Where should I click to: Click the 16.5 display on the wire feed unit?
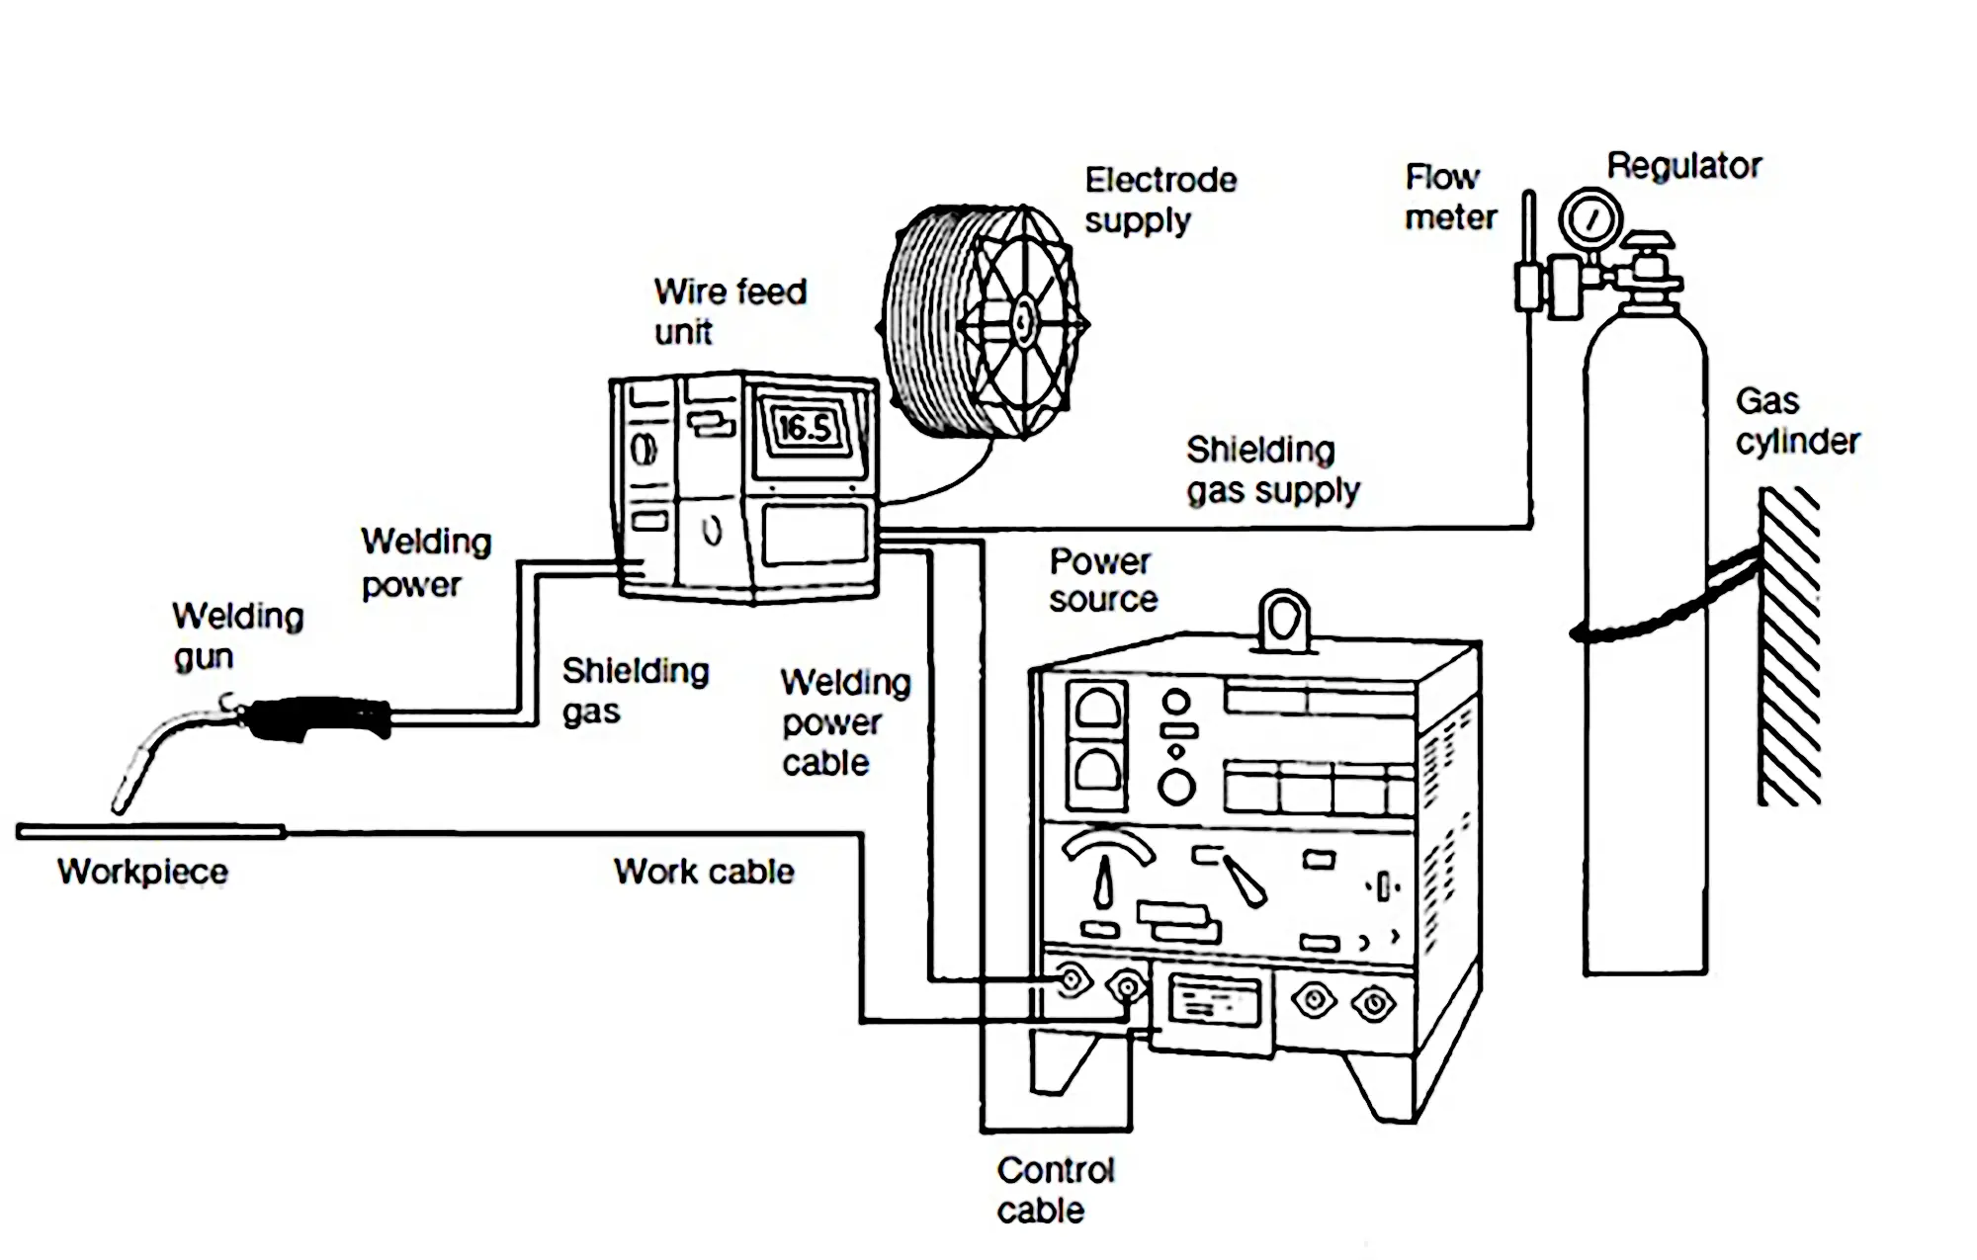[807, 428]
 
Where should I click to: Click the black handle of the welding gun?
[316, 718]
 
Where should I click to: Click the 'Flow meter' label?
[1450, 197]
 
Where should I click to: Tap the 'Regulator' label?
[1684, 165]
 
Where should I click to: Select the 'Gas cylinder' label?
[1797, 421]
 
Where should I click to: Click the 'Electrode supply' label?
[1160, 200]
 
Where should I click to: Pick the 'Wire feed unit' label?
[731, 310]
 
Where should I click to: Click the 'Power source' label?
[1103, 580]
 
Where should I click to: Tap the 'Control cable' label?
[1055, 1190]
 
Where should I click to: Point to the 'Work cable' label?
[704, 871]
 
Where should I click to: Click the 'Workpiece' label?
[142, 871]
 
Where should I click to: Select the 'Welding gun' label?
[237, 635]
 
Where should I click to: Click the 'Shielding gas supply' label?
[1273, 469]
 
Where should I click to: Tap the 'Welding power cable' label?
[846, 722]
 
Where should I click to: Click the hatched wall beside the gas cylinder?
[1789, 647]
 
